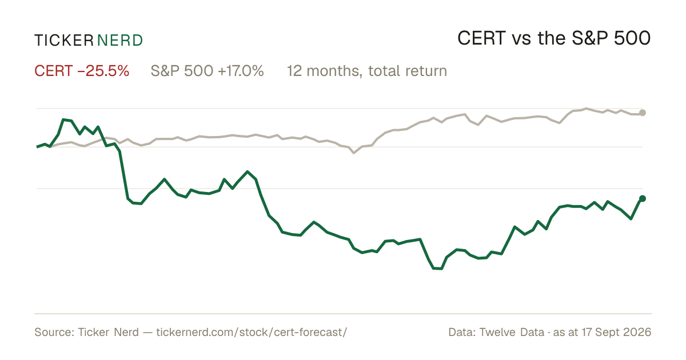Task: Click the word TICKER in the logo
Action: tap(64, 41)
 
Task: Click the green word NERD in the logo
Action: tap(120, 41)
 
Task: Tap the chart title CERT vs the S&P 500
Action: tap(554, 38)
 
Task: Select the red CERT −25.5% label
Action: tap(82, 71)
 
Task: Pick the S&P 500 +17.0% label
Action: tap(208, 71)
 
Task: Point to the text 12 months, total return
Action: tap(367, 71)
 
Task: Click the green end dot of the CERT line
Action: tap(643, 199)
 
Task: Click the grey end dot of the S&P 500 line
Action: tap(643, 113)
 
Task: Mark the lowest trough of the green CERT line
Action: tap(438, 269)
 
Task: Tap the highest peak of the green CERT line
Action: tap(63, 119)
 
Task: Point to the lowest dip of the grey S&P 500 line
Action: tap(354, 153)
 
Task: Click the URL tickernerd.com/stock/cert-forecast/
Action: tap(252, 332)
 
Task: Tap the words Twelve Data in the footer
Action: tap(512, 332)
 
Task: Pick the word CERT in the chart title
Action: tap(481, 38)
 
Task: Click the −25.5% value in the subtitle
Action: tap(103, 71)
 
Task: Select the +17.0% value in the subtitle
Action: tap(241, 71)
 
